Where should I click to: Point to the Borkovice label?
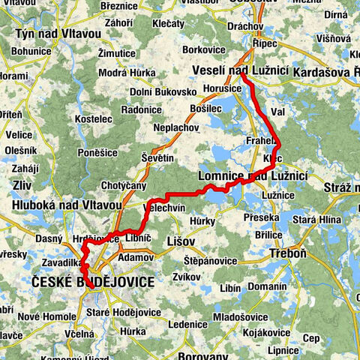point(204,49)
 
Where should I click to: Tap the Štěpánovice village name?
point(211,259)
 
